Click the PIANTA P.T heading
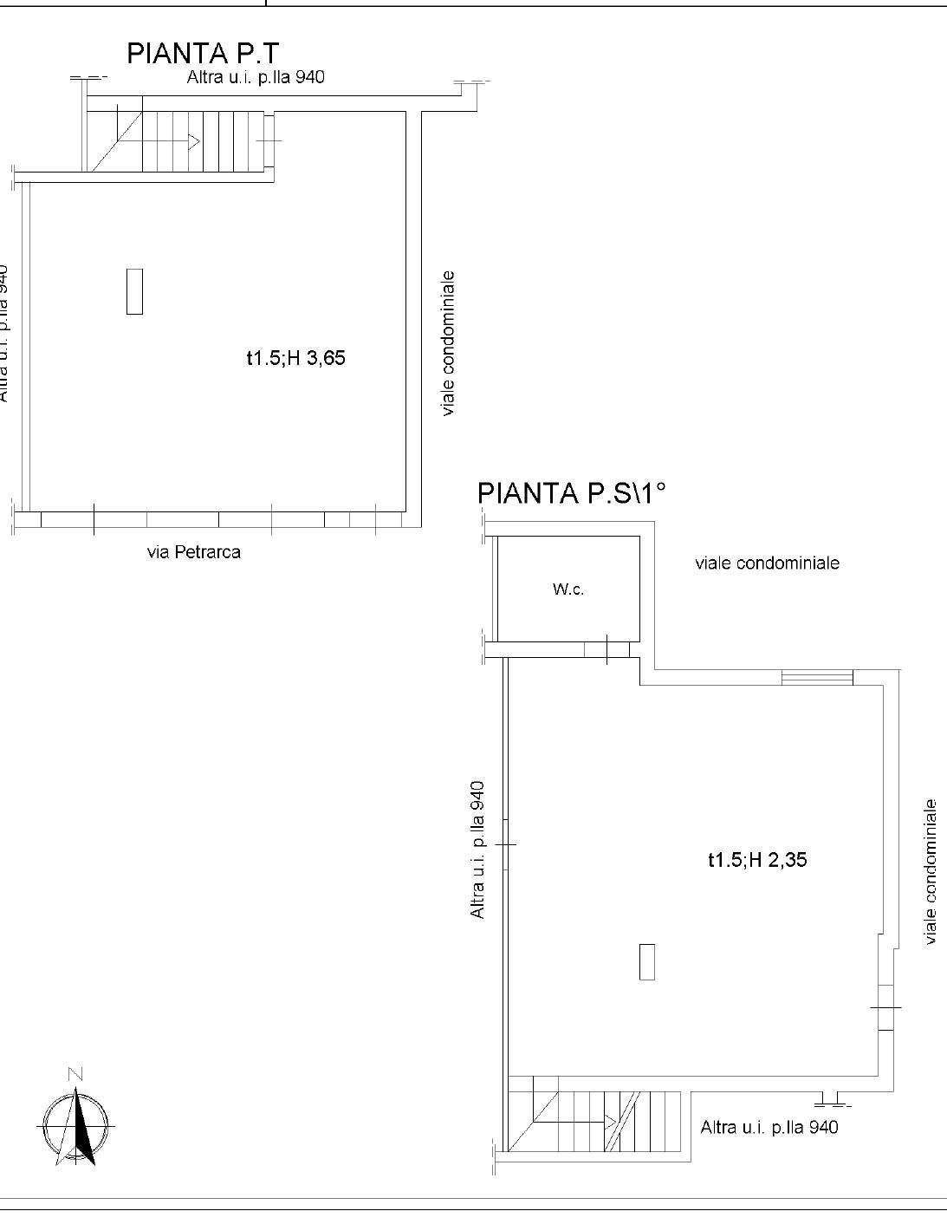[203, 54]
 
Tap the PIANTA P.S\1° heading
[571, 493]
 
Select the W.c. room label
[568, 589]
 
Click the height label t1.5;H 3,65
[295, 358]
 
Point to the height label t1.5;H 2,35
[757, 860]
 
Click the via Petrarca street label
[194, 551]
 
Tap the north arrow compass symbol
[76, 1126]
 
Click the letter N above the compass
[75, 1074]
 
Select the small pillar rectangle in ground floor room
[134, 291]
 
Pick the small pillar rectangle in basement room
[647, 962]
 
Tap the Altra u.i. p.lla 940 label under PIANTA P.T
[256, 76]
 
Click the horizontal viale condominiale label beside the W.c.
[768, 563]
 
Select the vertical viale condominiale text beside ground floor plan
[448, 343]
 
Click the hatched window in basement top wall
[817, 677]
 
